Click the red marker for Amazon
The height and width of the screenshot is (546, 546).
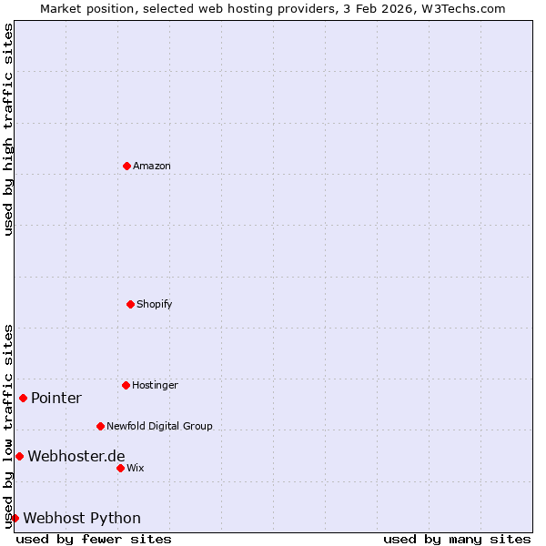[127, 166]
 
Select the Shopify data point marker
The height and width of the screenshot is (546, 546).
[130, 304]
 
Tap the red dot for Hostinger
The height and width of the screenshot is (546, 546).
[126, 385]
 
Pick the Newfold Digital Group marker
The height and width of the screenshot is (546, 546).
[100, 426]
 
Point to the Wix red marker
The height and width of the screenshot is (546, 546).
[120, 468]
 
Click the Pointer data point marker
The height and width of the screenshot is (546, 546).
[23, 398]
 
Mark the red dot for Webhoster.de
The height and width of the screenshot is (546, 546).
[19, 456]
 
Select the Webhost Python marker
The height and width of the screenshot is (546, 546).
[15, 518]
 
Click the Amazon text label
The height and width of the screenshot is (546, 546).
[152, 166]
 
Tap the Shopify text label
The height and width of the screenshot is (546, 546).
[155, 304]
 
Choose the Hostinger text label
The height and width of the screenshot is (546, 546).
[155, 385]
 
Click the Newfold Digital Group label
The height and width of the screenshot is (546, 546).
[159, 426]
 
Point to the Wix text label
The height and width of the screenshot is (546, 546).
[136, 468]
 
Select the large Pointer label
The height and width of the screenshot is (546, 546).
[56, 398]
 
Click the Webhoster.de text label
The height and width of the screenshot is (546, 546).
[76, 456]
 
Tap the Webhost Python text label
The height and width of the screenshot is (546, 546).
[82, 518]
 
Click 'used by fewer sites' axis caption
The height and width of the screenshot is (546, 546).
[94, 539]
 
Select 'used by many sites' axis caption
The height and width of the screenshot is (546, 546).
[457, 539]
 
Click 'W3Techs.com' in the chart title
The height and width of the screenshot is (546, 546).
[462, 8]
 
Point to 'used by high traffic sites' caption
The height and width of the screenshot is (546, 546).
[8, 129]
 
